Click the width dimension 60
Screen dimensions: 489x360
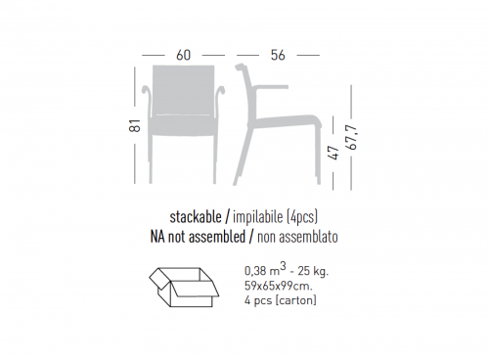click(x=183, y=55)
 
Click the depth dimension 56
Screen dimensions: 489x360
click(x=278, y=55)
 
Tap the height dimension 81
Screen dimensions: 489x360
click(x=135, y=126)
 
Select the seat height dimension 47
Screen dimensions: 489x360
click(x=334, y=153)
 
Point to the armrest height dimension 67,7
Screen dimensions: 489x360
click(x=352, y=137)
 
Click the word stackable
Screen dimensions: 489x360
click(x=196, y=217)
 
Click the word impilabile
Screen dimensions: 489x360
click(x=257, y=217)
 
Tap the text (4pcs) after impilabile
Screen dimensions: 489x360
click(x=302, y=217)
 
